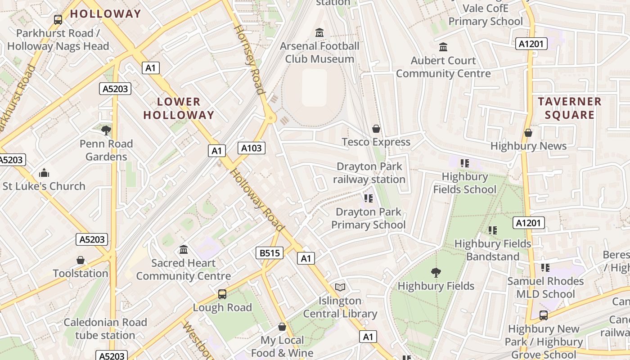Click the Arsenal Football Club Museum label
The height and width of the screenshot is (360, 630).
[x=319, y=52]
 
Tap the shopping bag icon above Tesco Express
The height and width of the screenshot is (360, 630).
[x=376, y=129]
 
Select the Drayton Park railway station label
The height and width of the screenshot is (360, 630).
[x=369, y=173]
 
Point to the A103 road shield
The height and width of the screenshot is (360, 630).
[x=252, y=148]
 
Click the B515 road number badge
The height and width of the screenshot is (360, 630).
[x=270, y=253]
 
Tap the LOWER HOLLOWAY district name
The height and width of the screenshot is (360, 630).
[x=179, y=108]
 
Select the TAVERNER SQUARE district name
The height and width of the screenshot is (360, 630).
[x=569, y=108]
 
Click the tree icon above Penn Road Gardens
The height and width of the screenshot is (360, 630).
[x=106, y=130]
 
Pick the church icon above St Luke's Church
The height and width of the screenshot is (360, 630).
[x=44, y=173]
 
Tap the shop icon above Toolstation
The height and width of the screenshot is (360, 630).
[x=81, y=260]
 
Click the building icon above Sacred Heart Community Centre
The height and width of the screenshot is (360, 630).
[x=184, y=249]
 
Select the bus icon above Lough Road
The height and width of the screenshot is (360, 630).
[x=222, y=294]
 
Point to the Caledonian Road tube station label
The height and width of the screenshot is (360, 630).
[x=105, y=328]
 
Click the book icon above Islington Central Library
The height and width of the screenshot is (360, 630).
[x=340, y=287]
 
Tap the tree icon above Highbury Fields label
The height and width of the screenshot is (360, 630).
[x=436, y=272]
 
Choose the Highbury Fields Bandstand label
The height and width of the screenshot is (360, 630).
[x=493, y=250]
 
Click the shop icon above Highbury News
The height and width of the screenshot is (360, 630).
[x=528, y=133]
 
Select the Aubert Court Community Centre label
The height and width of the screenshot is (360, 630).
[x=443, y=67]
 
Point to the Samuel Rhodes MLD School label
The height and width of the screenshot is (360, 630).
[x=545, y=288]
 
